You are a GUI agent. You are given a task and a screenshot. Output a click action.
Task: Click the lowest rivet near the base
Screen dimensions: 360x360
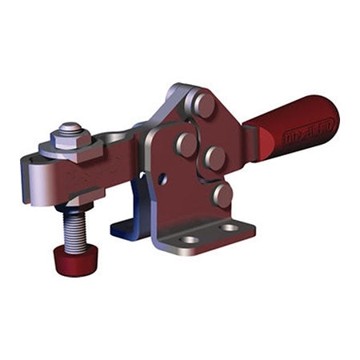tap(222, 194)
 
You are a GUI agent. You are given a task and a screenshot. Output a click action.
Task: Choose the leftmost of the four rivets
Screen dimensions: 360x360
tap(186, 144)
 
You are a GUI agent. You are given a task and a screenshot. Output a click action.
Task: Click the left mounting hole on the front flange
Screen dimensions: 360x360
tap(190, 239)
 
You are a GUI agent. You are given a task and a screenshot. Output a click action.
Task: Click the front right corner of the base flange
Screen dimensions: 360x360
tap(251, 227)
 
